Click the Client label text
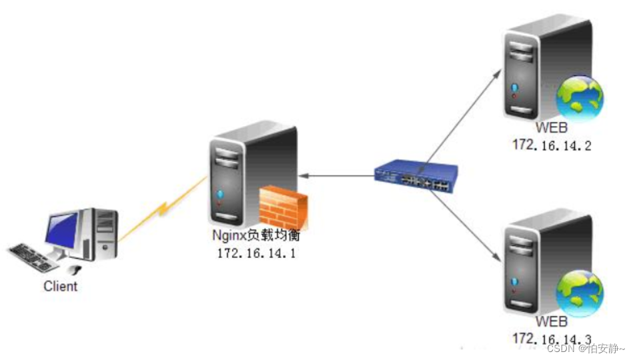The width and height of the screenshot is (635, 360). [x=61, y=287]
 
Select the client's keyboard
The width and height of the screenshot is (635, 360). [x=36, y=256]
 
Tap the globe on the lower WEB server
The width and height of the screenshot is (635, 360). [x=580, y=293]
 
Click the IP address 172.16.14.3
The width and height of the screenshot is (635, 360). [x=552, y=339]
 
